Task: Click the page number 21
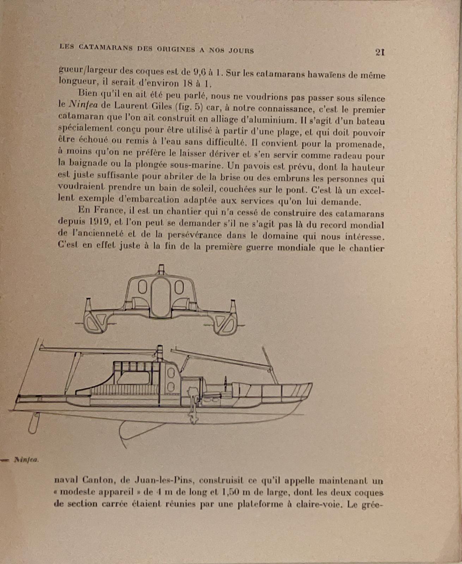point(380,52)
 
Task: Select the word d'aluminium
point(269,120)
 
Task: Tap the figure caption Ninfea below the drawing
point(26,460)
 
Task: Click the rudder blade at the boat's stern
point(34,423)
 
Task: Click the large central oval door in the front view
point(160,298)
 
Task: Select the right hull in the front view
point(226,323)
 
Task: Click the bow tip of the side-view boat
point(311,384)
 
